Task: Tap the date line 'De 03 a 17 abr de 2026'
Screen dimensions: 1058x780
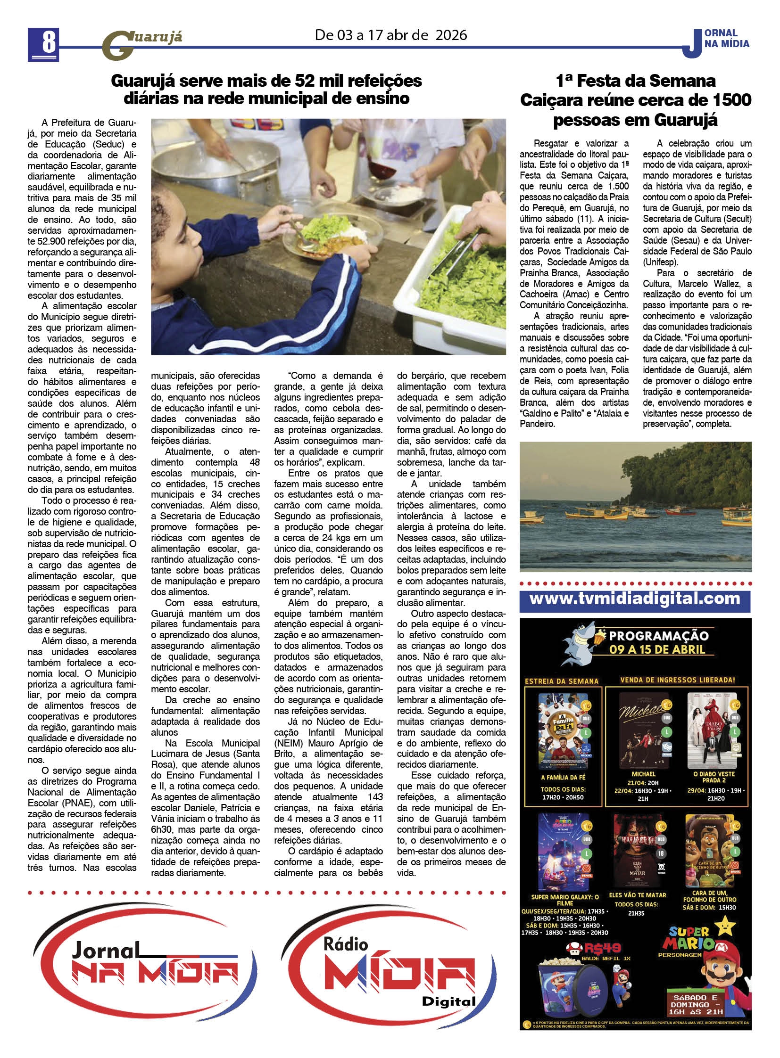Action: pos(391,35)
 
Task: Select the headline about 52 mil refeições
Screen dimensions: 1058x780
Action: pos(266,89)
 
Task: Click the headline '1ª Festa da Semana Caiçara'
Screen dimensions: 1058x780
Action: pos(635,100)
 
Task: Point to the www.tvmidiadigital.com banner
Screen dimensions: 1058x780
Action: pos(635,599)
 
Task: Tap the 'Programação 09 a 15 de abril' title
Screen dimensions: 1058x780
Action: pos(658,642)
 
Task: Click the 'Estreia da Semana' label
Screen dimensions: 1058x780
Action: pos(562,681)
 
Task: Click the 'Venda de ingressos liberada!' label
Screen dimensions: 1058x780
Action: pos(678,680)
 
